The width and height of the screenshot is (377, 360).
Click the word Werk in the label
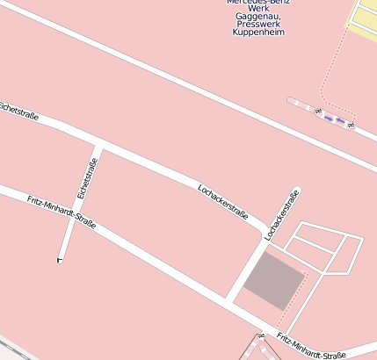(x=258, y=8)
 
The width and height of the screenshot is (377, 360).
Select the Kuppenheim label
(x=258, y=32)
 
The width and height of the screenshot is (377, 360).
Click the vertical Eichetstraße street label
(x=86, y=177)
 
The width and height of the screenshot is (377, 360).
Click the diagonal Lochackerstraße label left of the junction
(x=223, y=202)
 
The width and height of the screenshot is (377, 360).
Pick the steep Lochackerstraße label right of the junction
(x=283, y=214)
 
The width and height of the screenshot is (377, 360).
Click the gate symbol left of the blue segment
(x=318, y=112)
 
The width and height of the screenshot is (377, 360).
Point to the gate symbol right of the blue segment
(x=350, y=125)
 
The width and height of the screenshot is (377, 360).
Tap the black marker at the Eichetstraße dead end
(x=60, y=260)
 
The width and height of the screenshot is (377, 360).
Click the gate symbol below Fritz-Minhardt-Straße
(x=261, y=336)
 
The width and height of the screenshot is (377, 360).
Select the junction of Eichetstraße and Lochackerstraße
(x=101, y=145)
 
